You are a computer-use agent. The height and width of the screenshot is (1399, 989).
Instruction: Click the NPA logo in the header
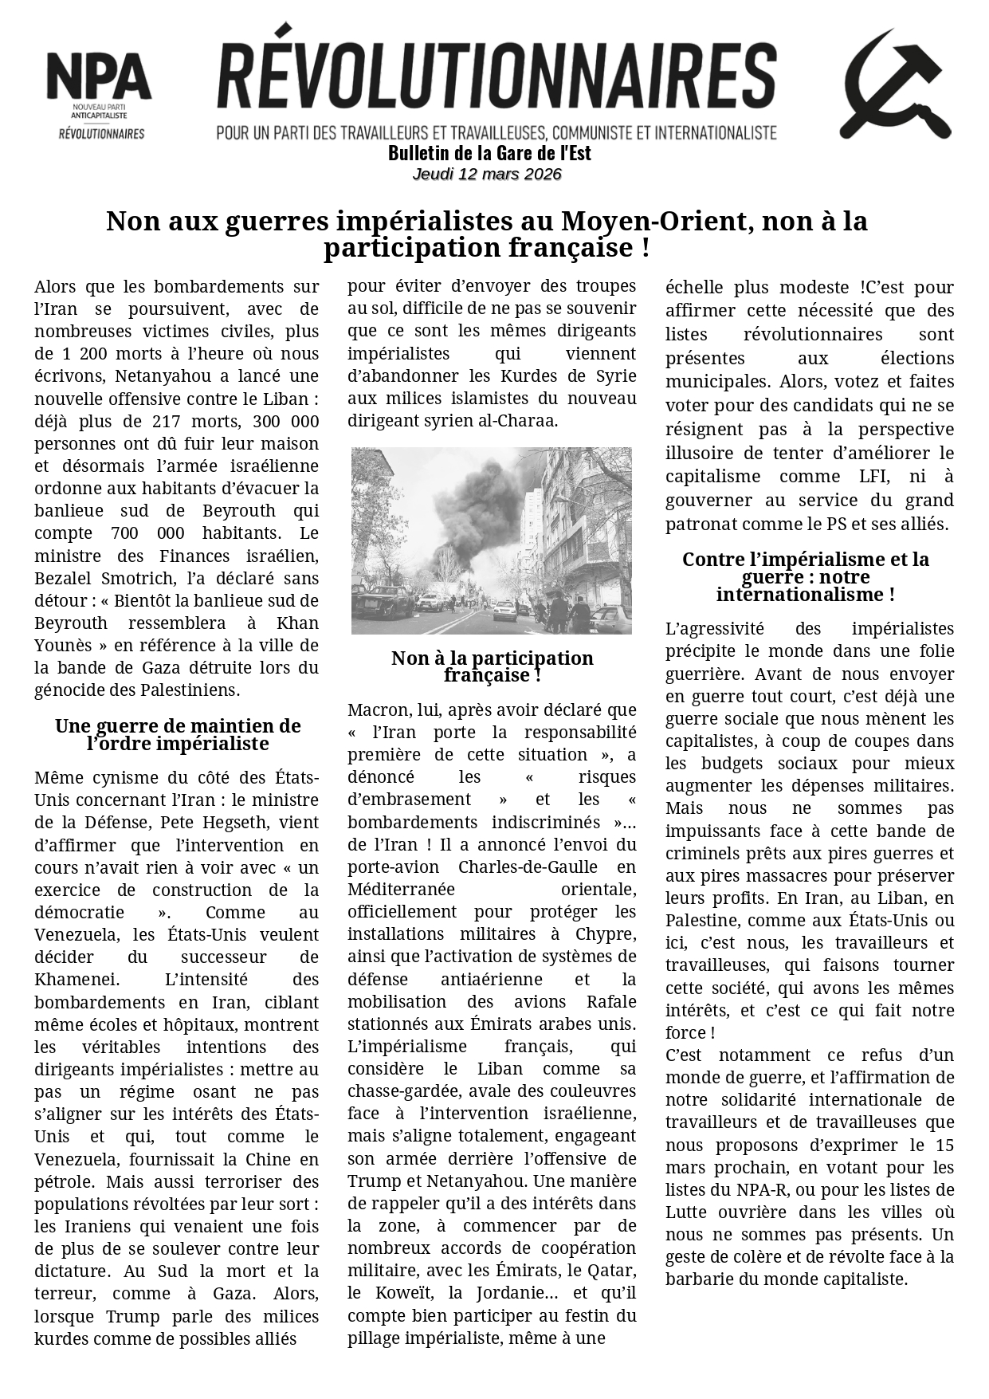point(99,94)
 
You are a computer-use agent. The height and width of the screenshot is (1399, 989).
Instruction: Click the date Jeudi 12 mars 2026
point(487,174)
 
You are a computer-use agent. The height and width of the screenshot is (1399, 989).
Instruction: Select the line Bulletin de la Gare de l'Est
point(489,153)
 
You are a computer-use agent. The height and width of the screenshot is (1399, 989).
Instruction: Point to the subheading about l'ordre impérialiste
point(178,735)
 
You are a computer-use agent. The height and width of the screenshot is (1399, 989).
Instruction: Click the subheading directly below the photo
point(492,666)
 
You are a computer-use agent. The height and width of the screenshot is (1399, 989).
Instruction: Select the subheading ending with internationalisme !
point(805,577)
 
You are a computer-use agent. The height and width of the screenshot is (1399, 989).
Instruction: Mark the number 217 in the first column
point(199,422)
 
